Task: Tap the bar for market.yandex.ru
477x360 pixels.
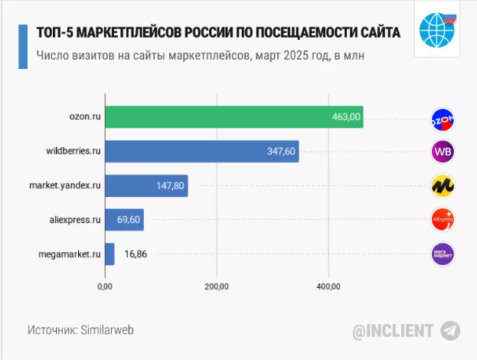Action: (x=146, y=186)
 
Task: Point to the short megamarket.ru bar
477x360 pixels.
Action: (x=109, y=254)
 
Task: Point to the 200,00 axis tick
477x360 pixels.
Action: (x=217, y=286)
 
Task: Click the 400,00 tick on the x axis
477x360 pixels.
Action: (x=328, y=286)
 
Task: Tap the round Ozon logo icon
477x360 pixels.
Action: (x=443, y=119)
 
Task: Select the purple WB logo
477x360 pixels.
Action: (x=443, y=152)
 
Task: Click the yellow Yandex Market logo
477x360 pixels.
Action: (x=443, y=186)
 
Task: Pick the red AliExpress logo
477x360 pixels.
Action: (x=443, y=221)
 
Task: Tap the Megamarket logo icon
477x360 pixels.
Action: (x=443, y=254)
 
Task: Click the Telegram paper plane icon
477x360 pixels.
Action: (x=450, y=331)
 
